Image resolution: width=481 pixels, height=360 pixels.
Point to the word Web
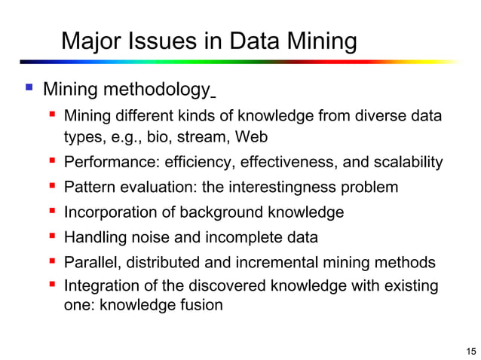pyautogui.click(x=250, y=137)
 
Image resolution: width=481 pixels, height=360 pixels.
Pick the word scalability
pyautogui.click(x=406, y=163)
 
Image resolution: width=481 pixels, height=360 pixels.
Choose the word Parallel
pyautogui.click(x=92, y=263)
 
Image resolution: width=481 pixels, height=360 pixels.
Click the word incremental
pyautogui.click(x=281, y=263)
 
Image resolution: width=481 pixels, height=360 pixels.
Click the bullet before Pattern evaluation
pyautogui.click(x=53, y=187)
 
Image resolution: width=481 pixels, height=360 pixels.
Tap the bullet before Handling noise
pyautogui.click(x=53, y=237)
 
